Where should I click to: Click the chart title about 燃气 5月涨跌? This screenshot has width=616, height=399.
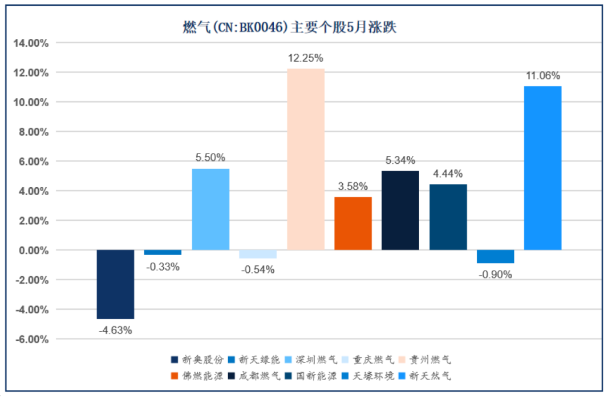(x=289, y=27)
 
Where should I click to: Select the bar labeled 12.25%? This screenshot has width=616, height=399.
(x=306, y=159)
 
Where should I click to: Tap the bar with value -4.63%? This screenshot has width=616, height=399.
(x=115, y=284)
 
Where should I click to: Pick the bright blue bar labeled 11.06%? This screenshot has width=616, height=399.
(x=543, y=168)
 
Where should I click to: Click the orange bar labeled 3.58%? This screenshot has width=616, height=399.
(x=353, y=223)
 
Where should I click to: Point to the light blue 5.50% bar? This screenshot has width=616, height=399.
(x=210, y=209)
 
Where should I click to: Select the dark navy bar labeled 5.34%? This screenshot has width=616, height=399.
(x=400, y=210)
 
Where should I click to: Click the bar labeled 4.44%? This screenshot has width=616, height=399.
(x=448, y=217)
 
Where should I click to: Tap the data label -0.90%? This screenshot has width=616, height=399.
(x=496, y=275)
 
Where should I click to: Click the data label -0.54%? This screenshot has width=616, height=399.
(x=258, y=270)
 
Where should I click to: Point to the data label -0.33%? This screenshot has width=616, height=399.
(x=163, y=267)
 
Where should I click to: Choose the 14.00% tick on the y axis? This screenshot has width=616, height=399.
(x=32, y=43)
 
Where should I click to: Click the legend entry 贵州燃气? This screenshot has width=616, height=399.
(x=426, y=360)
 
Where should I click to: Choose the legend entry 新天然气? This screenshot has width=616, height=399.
(x=426, y=376)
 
